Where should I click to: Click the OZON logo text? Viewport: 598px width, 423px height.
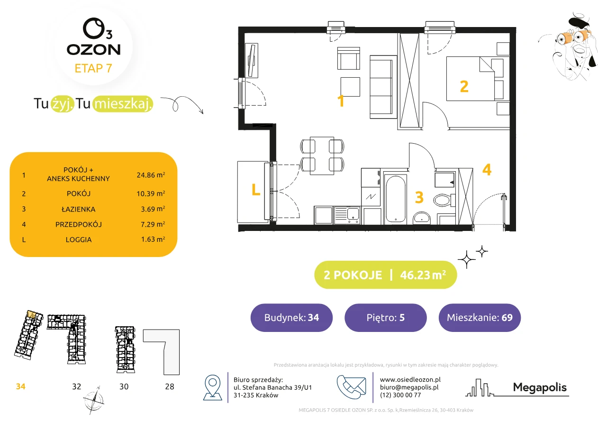pyautogui.click(x=93, y=50)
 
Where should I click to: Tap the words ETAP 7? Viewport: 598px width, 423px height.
pyautogui.click(x=93, y=68)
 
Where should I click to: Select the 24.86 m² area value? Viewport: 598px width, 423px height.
pyautogui.click(x=151, y=175)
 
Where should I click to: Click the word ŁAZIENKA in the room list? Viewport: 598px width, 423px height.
pyautogui.click(x=78, y=209)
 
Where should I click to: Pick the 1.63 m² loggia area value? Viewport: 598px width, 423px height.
pyautogui.click(x=153, y=239)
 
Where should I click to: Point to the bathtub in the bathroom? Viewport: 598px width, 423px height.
pyautogui.click(x=396, y=199)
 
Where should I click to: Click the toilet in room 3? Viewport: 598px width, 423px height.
pyautogui.click(x=444, y=200)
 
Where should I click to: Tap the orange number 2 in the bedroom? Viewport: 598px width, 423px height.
pyautogui.click(x=464, y=87)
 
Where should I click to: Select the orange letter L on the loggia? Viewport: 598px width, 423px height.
pyautogui.click(x=256, y=190)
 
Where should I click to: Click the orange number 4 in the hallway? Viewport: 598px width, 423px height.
pyautogui.click(x=487, y=170)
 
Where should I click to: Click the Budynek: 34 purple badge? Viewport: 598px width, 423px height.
pyautogui.click(x=291, y=317)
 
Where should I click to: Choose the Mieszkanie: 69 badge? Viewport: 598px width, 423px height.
pyautogui.click(x=480, y=317)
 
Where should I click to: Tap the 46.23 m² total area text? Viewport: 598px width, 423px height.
pyautogui.click(x=423, y=275)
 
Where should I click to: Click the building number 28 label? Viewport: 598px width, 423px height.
pyautogui.click(x=170, y=386)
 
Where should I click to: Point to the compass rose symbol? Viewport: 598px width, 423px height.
pyautogui.click(x=93, y=400)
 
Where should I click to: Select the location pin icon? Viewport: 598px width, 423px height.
pyautogui.click(x=212, y=387)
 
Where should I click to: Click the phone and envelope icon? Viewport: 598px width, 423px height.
pyautogui.click(x=351, y=386)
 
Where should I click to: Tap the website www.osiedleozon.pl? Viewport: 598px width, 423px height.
pyautogui.click(x=410, y=379)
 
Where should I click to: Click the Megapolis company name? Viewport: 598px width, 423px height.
pyautogui.click(x=540, y=387)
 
